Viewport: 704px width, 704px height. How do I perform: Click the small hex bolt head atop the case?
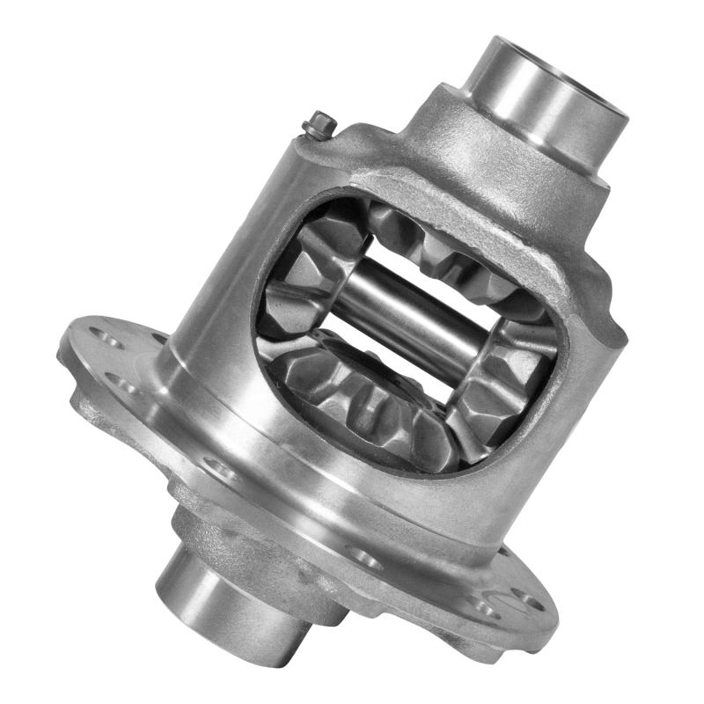pos(317,127)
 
